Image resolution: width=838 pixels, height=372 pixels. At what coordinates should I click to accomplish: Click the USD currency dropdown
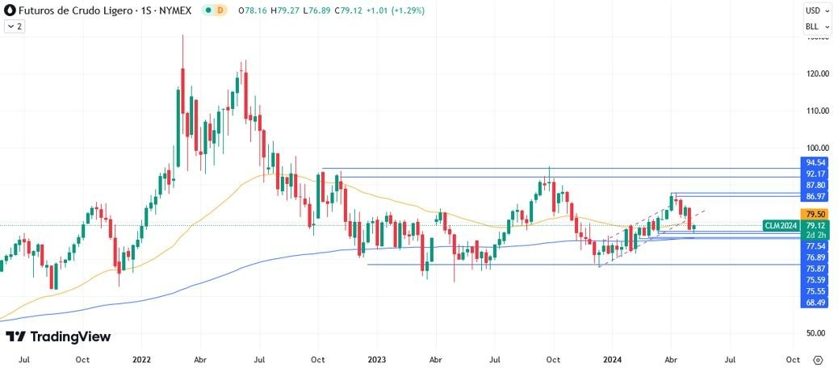point(816,10)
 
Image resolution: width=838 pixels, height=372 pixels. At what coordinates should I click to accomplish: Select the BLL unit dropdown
point(816,26)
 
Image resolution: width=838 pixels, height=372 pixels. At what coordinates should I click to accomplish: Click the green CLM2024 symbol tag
point(780,225)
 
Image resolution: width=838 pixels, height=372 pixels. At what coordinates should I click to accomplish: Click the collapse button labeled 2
point(15,26)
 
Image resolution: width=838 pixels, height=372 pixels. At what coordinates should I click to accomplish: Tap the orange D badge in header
point(220,10)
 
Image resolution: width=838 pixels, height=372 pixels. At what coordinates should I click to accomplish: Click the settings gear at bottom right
point(818,360)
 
